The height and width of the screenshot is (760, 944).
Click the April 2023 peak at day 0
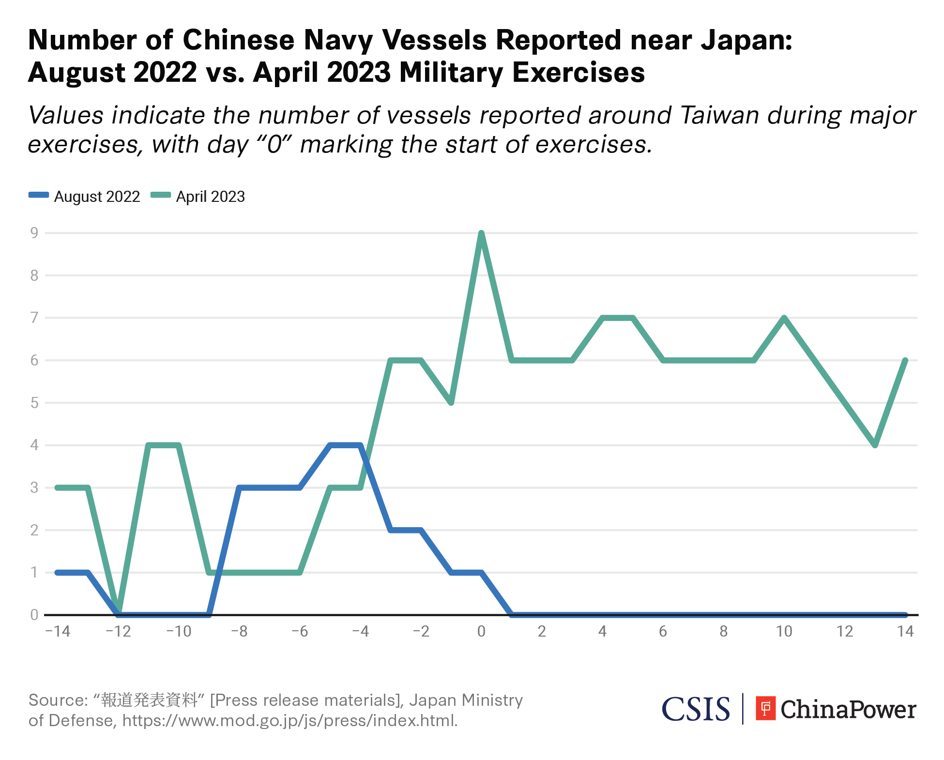[x=481, y=233]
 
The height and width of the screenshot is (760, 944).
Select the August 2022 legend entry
[x=85, y=197]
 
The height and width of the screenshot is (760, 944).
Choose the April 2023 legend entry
[x=198, y=197]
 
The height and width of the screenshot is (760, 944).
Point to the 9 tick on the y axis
[x=34, y=233]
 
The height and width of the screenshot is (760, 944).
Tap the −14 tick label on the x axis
[x=58, y=631]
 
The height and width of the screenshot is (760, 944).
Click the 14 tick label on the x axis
[x=905, y=631]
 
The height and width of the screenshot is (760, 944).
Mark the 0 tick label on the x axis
[x=481, y=631]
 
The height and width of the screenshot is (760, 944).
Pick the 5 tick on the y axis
[x=34, y=403]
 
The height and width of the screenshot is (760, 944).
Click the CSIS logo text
[x=696, y=709]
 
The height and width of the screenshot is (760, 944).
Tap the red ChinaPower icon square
[x=766, y=709]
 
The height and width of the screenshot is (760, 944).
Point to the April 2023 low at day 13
[x=875, y=445]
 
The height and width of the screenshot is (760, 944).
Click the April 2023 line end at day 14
[x=905, y=361]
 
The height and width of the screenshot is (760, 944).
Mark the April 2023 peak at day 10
[x=784, y=318]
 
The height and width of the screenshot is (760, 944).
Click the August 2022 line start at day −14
[x=58, y=573]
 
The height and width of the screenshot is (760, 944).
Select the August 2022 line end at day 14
[x=905, y=615]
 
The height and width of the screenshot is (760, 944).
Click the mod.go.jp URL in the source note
[x=289, y=721]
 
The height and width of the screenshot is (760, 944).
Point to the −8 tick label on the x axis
[x=239, y=631]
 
